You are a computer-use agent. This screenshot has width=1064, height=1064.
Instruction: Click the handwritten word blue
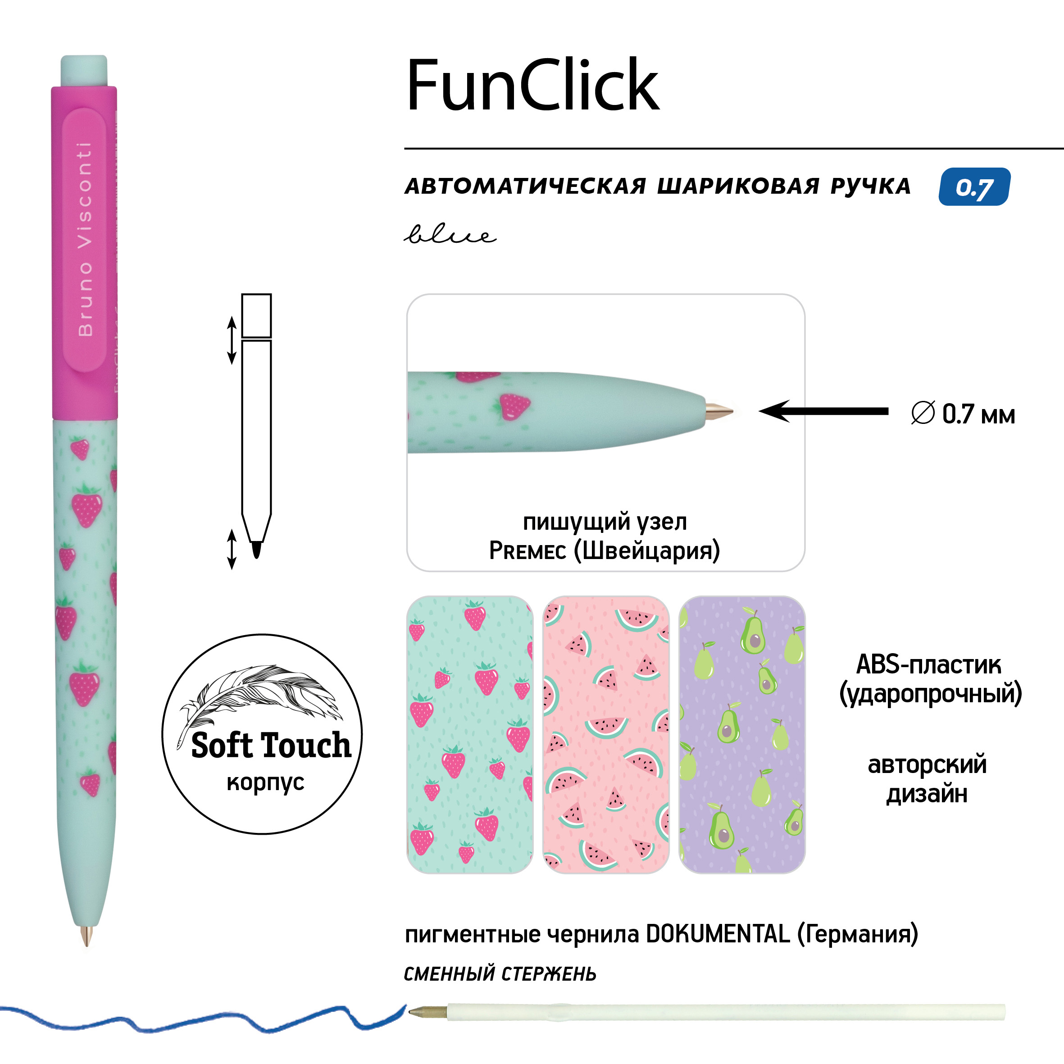point(450,235)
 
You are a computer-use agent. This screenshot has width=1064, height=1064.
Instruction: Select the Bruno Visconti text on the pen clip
point(85,240)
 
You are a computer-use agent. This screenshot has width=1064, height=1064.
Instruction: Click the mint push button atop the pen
point(84,70)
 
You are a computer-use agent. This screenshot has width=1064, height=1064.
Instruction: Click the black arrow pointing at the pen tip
point(823,411)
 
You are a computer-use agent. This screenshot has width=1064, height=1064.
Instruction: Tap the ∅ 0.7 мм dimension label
point(963,414)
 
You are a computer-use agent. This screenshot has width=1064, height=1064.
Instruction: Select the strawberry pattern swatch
point(469,735)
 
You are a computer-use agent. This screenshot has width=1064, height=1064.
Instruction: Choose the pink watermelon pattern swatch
point(605,735)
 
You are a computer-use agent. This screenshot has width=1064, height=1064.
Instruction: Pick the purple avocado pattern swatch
point(741,735)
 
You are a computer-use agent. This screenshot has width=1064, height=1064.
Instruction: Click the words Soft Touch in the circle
point(270,746)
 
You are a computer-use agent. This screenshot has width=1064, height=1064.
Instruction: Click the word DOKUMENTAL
point(718,934)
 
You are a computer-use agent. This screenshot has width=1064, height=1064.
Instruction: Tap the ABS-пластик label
point(928,665)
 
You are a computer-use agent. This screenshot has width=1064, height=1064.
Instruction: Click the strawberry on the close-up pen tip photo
point(514,406)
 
